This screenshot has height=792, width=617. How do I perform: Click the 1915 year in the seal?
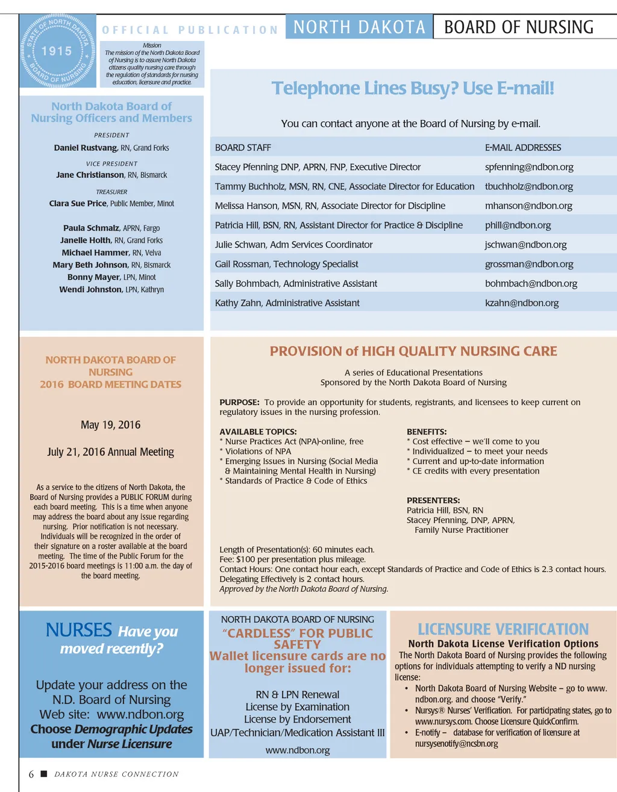coord(57,51)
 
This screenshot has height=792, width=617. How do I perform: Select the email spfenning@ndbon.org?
coord(529,167)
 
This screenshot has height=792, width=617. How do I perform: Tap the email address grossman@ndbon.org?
coord(529,264)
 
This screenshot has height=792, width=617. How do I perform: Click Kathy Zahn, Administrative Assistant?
coord(287,303)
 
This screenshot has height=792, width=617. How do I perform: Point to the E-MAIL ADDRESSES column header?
coord(522,148)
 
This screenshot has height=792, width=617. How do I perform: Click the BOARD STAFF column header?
coord(243,148)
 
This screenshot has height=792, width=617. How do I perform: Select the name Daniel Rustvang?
coord(86,148)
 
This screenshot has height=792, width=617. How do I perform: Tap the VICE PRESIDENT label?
coord(111,163)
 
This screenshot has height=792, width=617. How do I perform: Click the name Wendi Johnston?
coord(90,289)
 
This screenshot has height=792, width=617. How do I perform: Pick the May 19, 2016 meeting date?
coord(110,425)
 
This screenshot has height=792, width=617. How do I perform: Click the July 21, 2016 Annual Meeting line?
coord(110,452)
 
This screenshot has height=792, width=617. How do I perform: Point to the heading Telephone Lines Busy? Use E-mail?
coord(413,89)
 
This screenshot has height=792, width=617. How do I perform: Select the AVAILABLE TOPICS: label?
coord(258,432)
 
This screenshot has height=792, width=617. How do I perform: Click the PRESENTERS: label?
coord(433,500)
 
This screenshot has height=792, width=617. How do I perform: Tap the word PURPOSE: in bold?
coord(239,402)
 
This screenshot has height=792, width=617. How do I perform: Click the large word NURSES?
coord(78,630)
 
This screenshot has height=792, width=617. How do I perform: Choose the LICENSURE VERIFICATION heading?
coord(503,629)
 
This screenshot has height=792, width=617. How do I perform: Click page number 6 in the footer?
coord(31,775)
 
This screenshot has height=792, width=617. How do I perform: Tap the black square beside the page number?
coord(43,773)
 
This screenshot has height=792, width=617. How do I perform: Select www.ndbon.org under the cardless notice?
coord(298,750)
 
